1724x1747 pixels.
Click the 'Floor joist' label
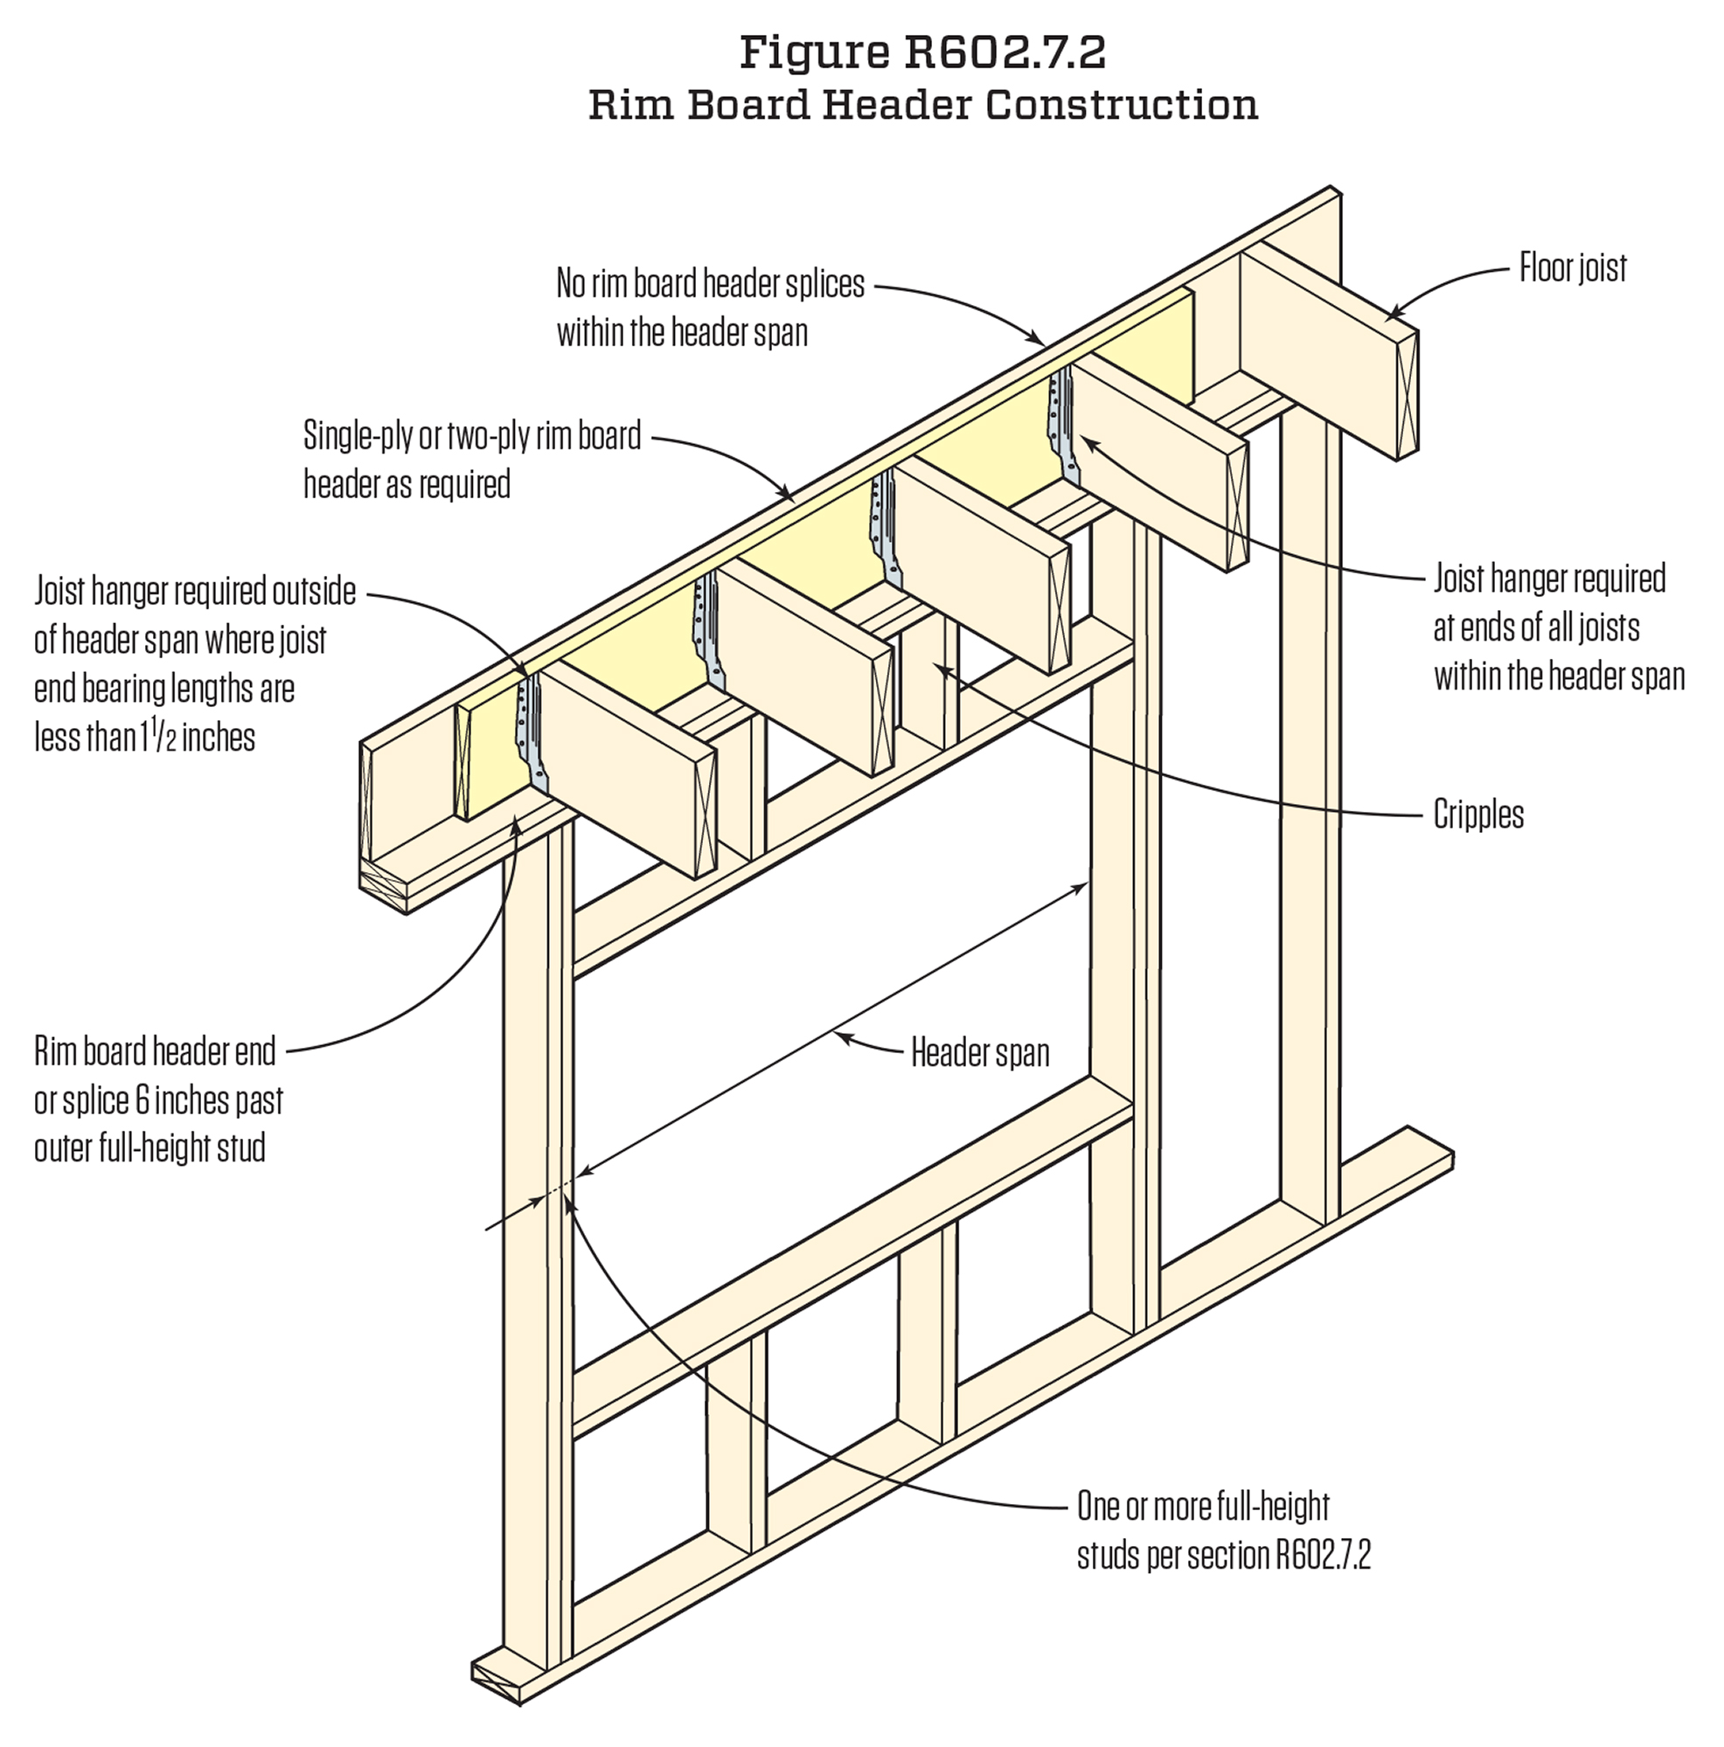pos(1572,267)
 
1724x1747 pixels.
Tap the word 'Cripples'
pos(1478,815)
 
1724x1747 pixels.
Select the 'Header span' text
pos(980,1052)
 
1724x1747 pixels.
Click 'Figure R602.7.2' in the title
pos(922,52)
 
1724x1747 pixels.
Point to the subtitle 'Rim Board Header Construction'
pos(922,105)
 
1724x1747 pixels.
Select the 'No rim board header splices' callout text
pos(710,284)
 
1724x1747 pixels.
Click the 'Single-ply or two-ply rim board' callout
pos(471,436)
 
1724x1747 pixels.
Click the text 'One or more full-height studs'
pos(1203,1507)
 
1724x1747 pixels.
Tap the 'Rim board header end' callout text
pos(155,1051)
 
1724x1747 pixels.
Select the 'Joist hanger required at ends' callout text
pos(1548,579)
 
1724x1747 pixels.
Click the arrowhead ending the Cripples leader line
pos(942,669)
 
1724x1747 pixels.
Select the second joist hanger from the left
pos(706,624)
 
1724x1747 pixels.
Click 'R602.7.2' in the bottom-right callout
pos(1323,1556)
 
